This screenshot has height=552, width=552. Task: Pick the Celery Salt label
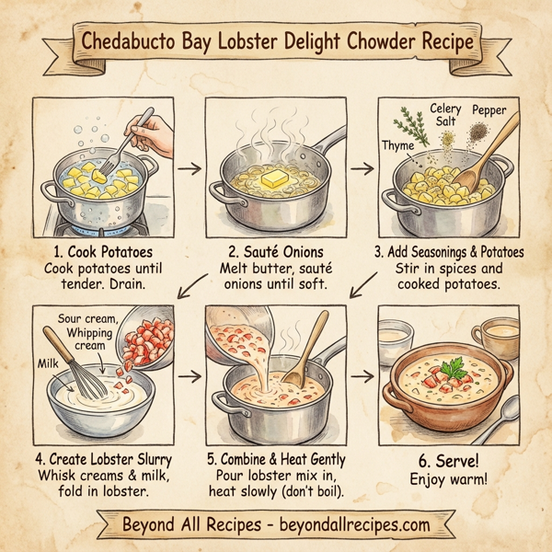click(x=446, y=115)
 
